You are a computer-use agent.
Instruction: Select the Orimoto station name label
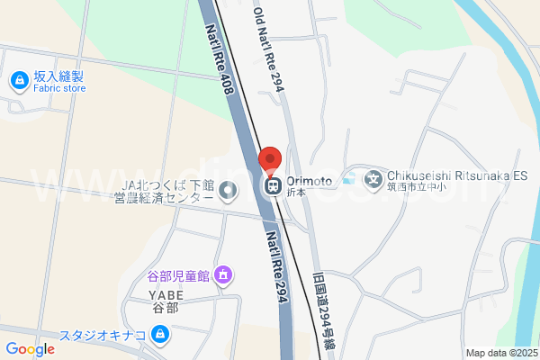pos(310,181)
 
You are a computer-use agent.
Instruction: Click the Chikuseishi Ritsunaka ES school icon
pos(373,179)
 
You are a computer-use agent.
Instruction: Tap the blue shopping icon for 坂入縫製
pos(18,82)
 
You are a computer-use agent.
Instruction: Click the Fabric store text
pos(59,88)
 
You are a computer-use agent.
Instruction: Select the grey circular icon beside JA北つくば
pos(228,190)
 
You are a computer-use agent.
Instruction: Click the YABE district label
pos(166,294)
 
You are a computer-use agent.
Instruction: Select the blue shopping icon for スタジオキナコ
pos(160,337)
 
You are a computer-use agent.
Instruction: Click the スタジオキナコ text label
pos(103,337)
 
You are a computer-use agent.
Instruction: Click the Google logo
pos(30,349)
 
